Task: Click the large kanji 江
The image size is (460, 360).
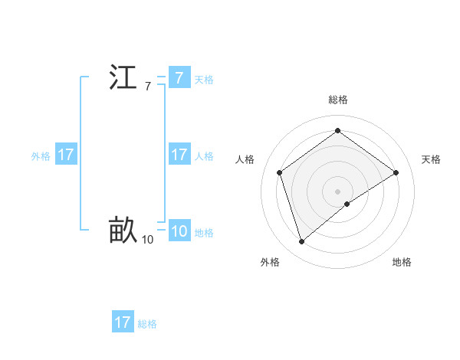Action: click(123, 78)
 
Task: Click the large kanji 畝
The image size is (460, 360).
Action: click(123, 231)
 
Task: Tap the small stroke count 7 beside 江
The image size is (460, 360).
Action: click(147, 87)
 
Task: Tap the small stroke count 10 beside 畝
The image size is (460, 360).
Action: click(147, 240)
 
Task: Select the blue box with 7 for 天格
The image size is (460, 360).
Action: click(179, 78)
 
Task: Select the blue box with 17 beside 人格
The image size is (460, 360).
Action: click(179, 155)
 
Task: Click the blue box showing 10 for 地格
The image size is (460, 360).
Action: click(179, 231)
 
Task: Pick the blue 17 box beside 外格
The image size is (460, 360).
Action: click(65, 155)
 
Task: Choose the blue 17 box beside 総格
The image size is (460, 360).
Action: click(122, 322)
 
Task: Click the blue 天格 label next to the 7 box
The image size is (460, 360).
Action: click(204, 80)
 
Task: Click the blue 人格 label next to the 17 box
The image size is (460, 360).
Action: click(204, 156)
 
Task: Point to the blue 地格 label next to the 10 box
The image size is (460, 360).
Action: click(204, 233)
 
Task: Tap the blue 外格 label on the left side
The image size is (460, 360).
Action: click(41, 156)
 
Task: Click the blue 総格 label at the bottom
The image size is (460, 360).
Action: click(147, 324)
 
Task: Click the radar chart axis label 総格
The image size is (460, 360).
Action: click(337, 100)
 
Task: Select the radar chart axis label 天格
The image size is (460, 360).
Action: click(431, 159)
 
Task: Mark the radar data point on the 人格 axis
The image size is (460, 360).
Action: click(280, 172)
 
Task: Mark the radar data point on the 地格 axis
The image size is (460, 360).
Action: click(347, 204)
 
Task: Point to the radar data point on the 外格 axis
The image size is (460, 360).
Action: click(301, 242)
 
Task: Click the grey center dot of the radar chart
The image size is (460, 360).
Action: click(337, 191)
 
